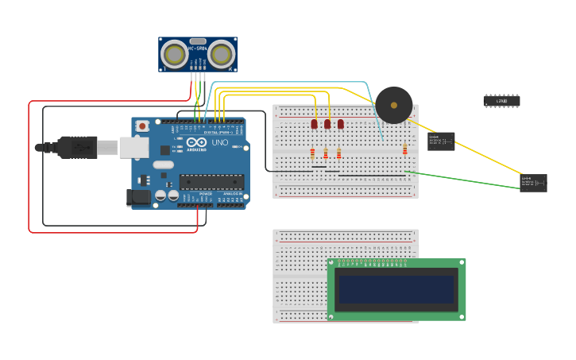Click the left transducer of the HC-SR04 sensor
(x=174, y=54)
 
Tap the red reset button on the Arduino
(x=142, y=126)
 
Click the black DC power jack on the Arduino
(x=139, y=198)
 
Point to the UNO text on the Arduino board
(x=218, y=142)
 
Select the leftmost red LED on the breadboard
(x=314, y=124)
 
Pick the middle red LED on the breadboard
(x=327, y=124)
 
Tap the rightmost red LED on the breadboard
(x=341, y=124)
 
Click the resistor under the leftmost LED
(x=312, y=153)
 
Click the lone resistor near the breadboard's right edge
(x=404, y=149)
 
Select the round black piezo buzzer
(x=393, y=105)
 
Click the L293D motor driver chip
(x=501, y=101)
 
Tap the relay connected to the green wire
(x=533, y=183)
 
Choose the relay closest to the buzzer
(x=441, y=141)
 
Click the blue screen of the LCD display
(x=396, y=289)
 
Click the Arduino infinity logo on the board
(x=196, y=142)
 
